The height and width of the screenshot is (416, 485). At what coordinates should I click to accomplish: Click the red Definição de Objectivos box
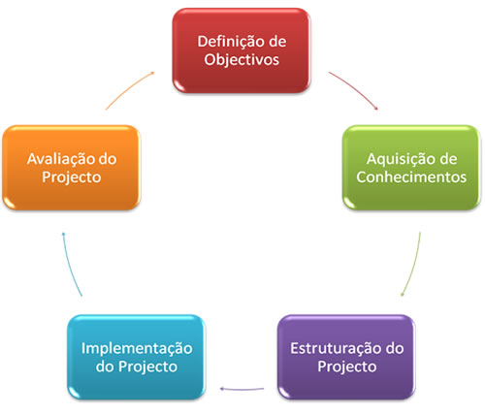tap(242, 50)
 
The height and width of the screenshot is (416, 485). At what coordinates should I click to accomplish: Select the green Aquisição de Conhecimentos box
tap(411, 168)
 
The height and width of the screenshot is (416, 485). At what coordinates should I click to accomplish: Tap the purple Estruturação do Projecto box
tap(346, 357)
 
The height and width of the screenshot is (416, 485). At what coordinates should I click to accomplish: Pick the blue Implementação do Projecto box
tap(137, 357)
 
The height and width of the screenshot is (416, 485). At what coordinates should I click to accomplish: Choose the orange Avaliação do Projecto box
tap(72, 168)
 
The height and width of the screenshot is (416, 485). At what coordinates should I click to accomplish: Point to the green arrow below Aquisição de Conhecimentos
tap(413, 265)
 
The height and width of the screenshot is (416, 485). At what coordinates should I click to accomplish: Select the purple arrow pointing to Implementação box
tap(242, 389)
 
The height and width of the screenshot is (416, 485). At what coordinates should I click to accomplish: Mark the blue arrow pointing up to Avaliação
tap(70, 265)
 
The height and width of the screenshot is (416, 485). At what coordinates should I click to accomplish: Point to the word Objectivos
tap(242, 60)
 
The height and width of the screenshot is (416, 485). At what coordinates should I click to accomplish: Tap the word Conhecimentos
tap(411, 177)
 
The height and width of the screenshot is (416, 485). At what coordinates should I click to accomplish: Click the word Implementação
tap(137, 349)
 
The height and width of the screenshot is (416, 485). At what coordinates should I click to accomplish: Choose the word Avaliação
tap(60, 160)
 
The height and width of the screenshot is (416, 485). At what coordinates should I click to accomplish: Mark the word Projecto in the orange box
tap(72, 177)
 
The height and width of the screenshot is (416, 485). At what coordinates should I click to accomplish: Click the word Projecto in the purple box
tap(347, 368)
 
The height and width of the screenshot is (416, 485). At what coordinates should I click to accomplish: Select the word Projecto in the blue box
tap(147, 368)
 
